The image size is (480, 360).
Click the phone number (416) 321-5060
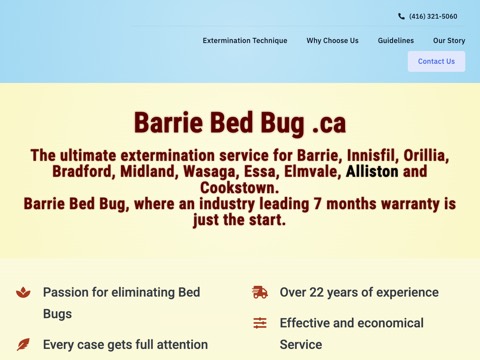tap(433, 16)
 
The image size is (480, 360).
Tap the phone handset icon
tap(401, 16)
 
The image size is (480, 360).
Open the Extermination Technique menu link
tap(245, 41)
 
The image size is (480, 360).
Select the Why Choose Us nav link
tap(332, 41)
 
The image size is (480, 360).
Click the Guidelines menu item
tap(396, 41)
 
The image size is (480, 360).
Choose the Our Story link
tap(449, 41)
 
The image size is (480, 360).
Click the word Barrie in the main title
tap(168, 123)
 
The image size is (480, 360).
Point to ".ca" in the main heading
tap(329, 124)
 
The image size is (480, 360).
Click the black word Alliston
tap(372, 171)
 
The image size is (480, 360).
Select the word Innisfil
tap(373, 155)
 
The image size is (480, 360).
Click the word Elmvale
tap(312, 171)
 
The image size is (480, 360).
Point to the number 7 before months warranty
tap(318, 204)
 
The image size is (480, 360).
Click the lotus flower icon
tap(23, 292)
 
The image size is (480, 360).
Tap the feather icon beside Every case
tap(23, 344)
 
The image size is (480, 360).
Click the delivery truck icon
tap(260, 292)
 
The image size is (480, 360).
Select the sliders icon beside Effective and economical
tap(260, 323)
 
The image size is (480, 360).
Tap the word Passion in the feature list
tap(65, 292)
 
